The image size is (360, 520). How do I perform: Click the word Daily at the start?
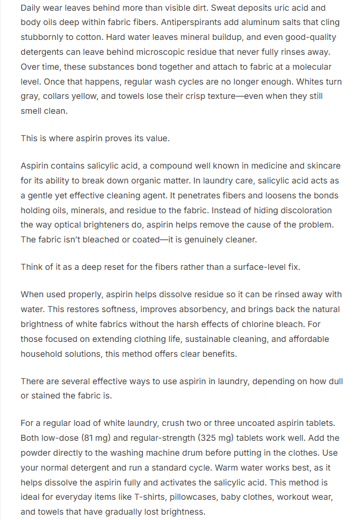[x=32, y=9]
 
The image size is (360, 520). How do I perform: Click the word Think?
[x=33, y=266]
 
